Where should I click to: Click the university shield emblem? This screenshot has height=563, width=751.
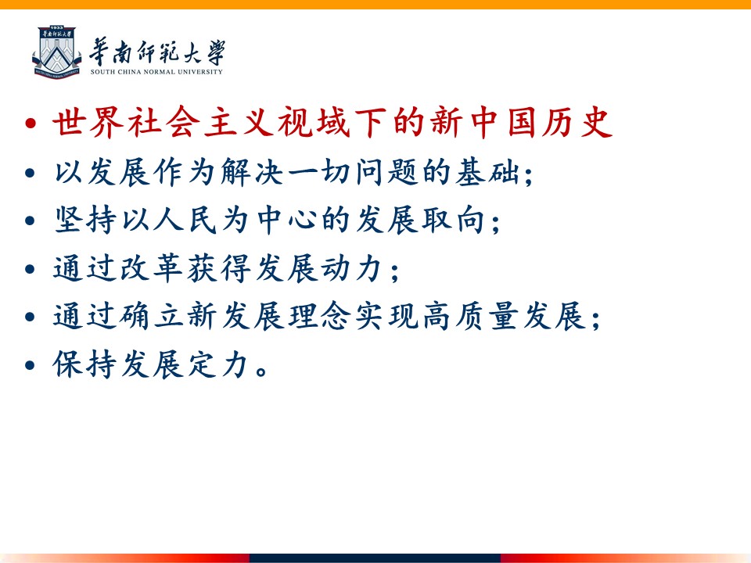click(x=56, y=52)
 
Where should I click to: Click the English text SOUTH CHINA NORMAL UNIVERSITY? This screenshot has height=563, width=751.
click(x=156, y=72)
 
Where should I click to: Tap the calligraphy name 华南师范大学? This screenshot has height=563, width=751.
click(x=157, y=52)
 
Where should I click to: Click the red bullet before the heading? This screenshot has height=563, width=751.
click(x=31, y=124)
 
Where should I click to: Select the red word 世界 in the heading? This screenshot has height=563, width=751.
click(x=88, y=122)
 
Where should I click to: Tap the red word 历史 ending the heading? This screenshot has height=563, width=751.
click(x=577, y=122)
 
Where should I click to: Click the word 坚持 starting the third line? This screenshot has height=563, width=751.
click(x=86, y=221)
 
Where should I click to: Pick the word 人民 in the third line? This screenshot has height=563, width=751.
click(x=186, y=221)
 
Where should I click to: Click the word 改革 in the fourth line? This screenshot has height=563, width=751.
click(x=153, y=268)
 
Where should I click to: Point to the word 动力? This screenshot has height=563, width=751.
click(x=352, y=268)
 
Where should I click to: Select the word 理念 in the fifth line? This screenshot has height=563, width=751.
click(x=319, y=317)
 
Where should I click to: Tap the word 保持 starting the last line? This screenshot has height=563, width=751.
click(x=86, y=365)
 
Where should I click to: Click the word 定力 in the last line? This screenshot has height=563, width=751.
click(x=219, y=365)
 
